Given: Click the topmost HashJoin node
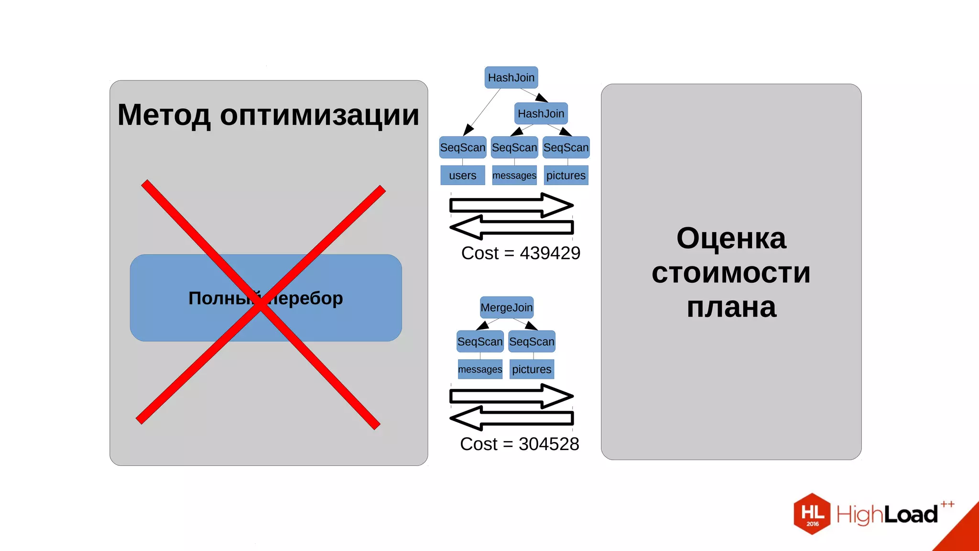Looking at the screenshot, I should [x=511, y=77].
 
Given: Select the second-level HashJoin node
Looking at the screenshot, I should [x=541, y=114].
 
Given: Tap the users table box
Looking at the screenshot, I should [x=462, y=176].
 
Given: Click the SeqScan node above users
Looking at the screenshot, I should [x=462, y=147].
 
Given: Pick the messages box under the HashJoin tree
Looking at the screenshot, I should [x=514, y=176].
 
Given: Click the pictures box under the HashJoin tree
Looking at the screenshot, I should [x=566, y=176].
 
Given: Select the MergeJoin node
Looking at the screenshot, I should [x=506, y=308].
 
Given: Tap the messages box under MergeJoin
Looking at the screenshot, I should [x=480, y=369].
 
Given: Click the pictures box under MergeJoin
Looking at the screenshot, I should [x=532, y=369].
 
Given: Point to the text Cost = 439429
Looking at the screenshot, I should [x=520, y=253].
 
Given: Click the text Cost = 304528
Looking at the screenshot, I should [x=519, y=444].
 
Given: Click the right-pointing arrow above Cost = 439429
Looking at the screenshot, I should [x=511, y=205].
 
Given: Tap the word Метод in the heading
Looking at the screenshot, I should [x=163, y=115].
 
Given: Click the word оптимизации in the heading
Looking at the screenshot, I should [x=319, y=115].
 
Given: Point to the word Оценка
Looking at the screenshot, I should [x=731, y=238].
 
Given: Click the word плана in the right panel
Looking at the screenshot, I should [x=731, y=307].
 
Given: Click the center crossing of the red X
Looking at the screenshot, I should [x=261, y=305].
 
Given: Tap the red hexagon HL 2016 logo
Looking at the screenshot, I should [x=812, y=514].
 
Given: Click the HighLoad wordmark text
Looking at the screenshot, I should [x=887, y=515].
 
